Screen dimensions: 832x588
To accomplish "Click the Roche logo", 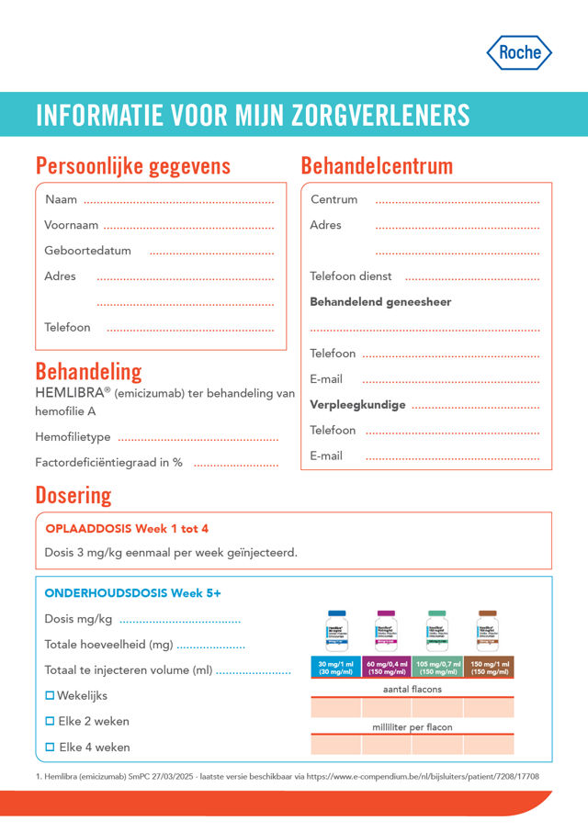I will pyautogui.click(x=519, y=53).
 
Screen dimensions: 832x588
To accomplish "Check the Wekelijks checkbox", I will pyautogui.click(x=51, y=695).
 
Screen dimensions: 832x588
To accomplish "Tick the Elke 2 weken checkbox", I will pyautogui.click(x=51, y=721).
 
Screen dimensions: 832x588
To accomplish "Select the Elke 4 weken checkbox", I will pyautogui.click(x=51, y=747).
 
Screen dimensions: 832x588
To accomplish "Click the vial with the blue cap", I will pyautogui.click(x=335, y=631).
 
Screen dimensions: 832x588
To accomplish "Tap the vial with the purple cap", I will pyautogui.click(x=386, y=631).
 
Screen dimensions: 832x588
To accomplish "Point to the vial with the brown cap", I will pyautogui.click(x=488, y=631).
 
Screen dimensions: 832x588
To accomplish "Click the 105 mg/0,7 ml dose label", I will pyautogui.click(x=437, y=668).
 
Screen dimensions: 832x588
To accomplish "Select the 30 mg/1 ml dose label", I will pyautogui.click(x=335, y=668).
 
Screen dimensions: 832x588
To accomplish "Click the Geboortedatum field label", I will pyautogui.click(x=87, y=251).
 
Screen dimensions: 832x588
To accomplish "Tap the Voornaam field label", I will pyautogui.click(x=71, y=225).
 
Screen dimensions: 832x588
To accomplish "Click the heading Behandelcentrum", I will pyautogui.click(x=377, y=166).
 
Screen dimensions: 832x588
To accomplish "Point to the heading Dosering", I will pyautogui.click(x=73, y=495).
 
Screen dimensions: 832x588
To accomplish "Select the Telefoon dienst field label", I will pyautogui.click(x=351, y=276).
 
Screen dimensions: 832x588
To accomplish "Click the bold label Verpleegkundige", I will pyautogui.click(x=357, y=405).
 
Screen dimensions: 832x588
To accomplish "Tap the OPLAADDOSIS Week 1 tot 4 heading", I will pyautogui.click(x=127, y=529).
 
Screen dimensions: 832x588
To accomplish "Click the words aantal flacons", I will pyautogui.click(x=413, y=689).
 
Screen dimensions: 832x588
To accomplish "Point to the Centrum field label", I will pyautogui.click(x=334, y=199).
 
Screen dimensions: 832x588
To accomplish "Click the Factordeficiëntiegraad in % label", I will pyautogui.click(x=108, y=463).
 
